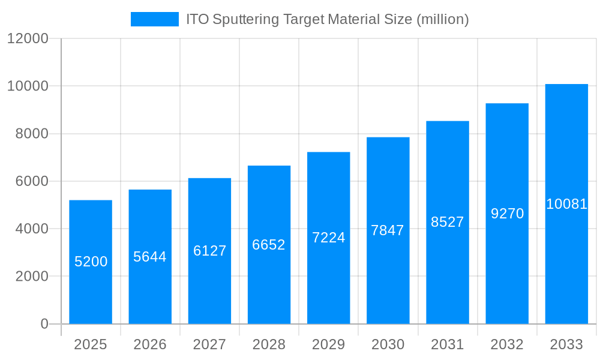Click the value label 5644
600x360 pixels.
(150, 257)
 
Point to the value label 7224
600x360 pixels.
(329, 238)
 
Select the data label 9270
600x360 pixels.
(507, 214)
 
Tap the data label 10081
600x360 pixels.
(566, 204)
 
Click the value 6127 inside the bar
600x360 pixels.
(209, 251)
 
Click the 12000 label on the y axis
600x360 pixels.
(27, 38)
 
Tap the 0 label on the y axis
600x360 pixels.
(44, 324)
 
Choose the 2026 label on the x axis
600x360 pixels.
(150, 344)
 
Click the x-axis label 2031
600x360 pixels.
(448, 344)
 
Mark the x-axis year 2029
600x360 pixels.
(329, 344)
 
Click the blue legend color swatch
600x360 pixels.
(155, 19)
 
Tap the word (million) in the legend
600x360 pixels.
(442, 19)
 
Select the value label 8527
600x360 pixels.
(448, 222)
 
